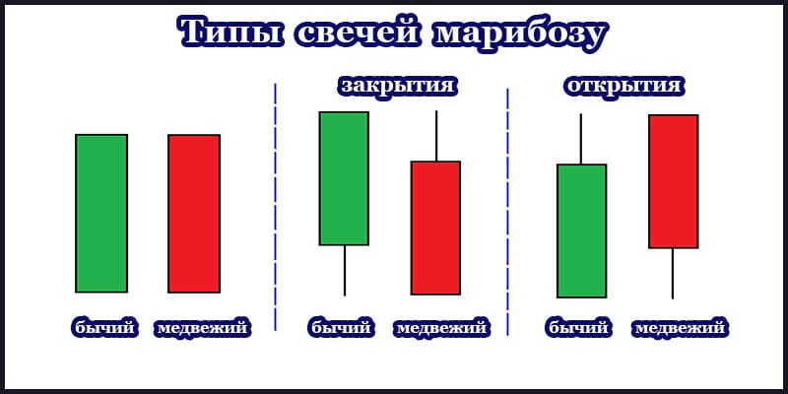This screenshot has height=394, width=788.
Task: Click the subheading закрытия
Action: point(397,86)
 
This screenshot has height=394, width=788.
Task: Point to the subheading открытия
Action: point(624,86)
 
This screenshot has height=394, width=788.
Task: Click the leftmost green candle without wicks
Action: point(101,213)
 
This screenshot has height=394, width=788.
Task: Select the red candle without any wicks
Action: point(194,213)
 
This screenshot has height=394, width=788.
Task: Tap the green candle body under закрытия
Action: point(344,178)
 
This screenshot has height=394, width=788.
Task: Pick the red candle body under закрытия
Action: point(435,228)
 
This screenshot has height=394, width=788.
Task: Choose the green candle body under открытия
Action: point(581,230)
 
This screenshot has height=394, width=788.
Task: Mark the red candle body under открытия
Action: point(673,181)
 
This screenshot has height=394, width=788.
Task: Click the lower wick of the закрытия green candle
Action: point(344,270)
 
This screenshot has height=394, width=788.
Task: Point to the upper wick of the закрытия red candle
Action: point(435,136)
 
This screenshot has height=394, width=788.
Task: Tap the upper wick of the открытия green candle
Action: point(581,139)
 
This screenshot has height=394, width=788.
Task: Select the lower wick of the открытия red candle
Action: point(673,273)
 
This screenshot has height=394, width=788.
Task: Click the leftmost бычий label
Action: point(103,328)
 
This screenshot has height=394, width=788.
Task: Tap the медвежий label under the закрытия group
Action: point(442,328)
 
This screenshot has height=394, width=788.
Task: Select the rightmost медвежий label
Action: point(681,328)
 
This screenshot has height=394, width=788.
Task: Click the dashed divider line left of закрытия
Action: point(276,207)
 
